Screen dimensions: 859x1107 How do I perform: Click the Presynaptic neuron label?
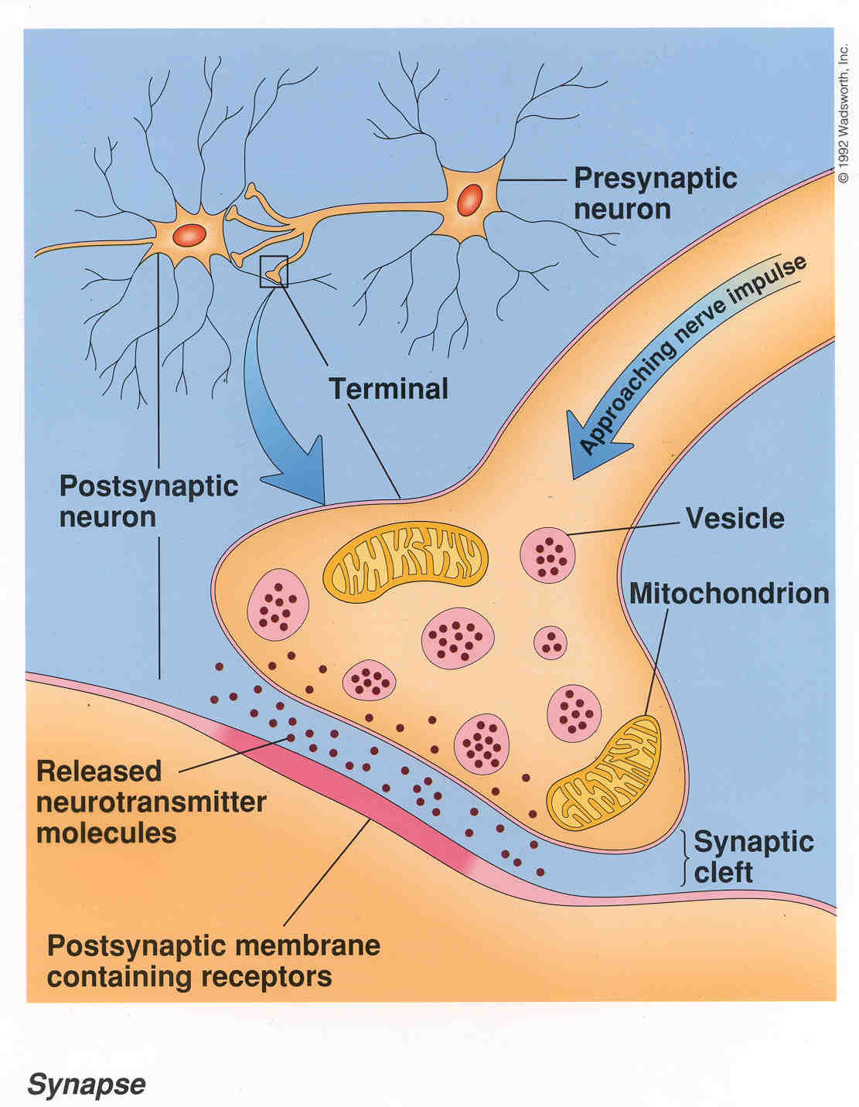tap(656, 194)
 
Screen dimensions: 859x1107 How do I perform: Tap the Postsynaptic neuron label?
tap(148, 502)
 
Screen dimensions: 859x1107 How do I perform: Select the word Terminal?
tap(388, 389)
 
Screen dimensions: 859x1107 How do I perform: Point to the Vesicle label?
tap(735, 519)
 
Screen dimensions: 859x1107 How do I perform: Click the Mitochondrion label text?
tap(730, 594)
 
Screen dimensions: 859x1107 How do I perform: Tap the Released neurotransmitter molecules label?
tap(152, 802)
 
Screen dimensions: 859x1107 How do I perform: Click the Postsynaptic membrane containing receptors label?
tap(213, 962)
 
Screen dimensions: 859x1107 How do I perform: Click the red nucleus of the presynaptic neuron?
tap(469, 199)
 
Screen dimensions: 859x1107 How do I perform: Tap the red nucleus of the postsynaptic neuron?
tap(189, 235)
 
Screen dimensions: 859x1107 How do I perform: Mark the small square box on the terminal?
tap(274, 271)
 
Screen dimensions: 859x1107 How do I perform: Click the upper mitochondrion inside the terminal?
tap(406, 563)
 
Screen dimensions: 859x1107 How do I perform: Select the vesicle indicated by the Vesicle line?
tap(547, 555)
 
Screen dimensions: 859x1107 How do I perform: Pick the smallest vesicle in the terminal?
tap(551, 643)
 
